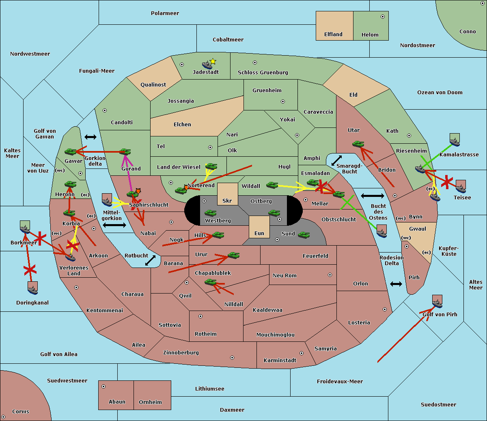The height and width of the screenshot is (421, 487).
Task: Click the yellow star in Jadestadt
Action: pyautogui.click(x=213, y=62)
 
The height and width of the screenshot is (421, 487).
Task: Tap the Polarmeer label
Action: pyautogui.click(x=165, y=13)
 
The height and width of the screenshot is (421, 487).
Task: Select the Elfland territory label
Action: pyautogui.click(x=333, y=35)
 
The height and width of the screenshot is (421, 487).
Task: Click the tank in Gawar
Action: pyautogui.click(x=71, y=152)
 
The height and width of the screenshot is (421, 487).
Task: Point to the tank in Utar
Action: pyautogui.click(x=358, y=144)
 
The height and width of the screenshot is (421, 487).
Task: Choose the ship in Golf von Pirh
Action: pyautogui.click(x=437, y=301)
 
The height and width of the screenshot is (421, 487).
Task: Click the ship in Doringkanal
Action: pyautogui.click(x=33, y=288)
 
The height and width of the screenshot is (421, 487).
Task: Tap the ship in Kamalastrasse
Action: pyautogui.click(x=455, y=140)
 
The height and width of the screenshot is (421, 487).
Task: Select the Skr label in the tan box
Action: pyautogui.click(x=227, y=201)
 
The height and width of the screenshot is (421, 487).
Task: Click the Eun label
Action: pyautogui.click(x=259, y=233)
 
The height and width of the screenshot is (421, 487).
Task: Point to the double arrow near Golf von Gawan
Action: pyautogui.click(x=91, y=137)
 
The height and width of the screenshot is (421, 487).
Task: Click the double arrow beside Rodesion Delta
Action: pyautogui.click(x=396, y=284)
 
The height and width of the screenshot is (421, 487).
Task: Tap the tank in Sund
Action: pyautogui.click(x=304, y=235)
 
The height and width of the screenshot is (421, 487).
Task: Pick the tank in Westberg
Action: pyautogui.click(x=210, y=213)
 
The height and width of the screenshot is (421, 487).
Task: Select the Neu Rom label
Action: pyautogui.click(x=284, y=276)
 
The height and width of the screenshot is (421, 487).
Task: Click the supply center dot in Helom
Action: pyautogui.click(x=382, y=17)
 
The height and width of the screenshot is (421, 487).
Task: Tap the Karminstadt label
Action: pyautogui.click(x=280, y=361)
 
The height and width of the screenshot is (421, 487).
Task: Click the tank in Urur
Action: pyautogui.click(x=233, y=255)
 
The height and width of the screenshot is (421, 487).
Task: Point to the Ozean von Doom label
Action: pyautogui.click(x=440, y=93)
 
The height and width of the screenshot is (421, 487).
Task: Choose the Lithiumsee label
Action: pyautogui.click(x=209, y=389)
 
